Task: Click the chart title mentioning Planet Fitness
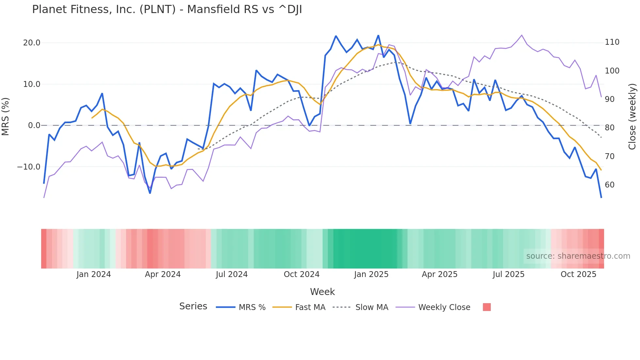pyautogui.click(x=167, y=9)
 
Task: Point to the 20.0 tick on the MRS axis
pyautogui.click(x=32, y=43)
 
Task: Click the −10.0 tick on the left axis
pyautogui.click(x=29, y=167)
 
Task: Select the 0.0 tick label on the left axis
pyautogui.click(x=34, y=125)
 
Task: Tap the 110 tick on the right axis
pyautogui.click(x=612, y=42)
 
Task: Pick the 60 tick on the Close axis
pyautogui.click(x=610, y=185)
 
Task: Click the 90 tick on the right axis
pyautogui.click(x=610, y=99)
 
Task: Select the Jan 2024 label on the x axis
pyautogui.click(x=94, y=274)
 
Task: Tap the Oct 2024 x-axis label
pyautogui.click(x=301, y=274)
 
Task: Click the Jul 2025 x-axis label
pyautogui.click(x=508, y=274)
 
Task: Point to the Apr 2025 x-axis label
pyautogui.click(x=440, y=274)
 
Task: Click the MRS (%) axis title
pyautogui.click(x=6, y=116)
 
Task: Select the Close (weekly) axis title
pyautogui.click(x=632, y=116)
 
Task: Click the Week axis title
pyautogui.click(x=322, y=292)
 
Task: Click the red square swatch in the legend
pyautogui.click(x=487, y=307)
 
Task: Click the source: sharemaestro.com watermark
pyautogui.click(x=578, y=256)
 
